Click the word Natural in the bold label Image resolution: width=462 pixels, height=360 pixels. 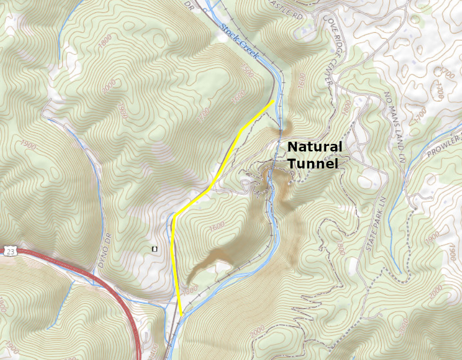tap(314, 147)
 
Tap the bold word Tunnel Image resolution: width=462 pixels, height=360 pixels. tap(313, 164)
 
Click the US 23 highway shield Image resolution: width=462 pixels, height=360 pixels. tap(11, 251)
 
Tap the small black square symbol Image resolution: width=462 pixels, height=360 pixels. tap(153, 249)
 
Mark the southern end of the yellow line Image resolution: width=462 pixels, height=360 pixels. tap(182, 314)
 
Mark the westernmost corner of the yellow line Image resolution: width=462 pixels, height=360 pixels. tap(174, 215)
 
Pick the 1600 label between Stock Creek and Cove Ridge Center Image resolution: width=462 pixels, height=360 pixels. tap(302, 80)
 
